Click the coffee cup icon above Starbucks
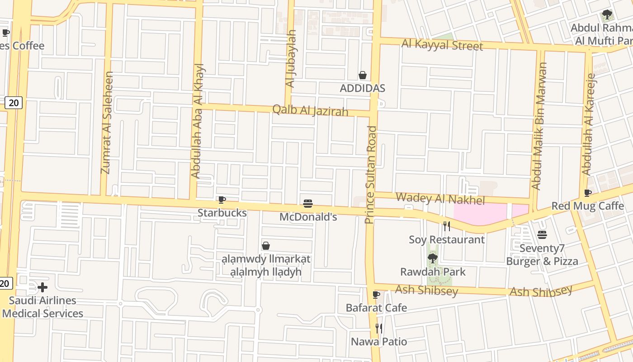pos(222,200)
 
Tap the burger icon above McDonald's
pos(308,204)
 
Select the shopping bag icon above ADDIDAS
pos(363,75)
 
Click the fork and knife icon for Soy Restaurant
pos(447,226)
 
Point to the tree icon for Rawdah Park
pos(433,258)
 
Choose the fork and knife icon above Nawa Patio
pos(379,328)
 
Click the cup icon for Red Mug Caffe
pos(588,193)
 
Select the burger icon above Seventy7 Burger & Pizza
pos(542,235)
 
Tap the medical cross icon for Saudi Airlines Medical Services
pos(43,287)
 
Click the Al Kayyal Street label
pos(442,45)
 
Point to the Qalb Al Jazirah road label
pos(310,110)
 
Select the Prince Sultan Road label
pos(370,175)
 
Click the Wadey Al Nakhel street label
pos(440,199)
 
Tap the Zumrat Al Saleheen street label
pos(107,123)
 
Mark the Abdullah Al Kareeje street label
pos(589,124)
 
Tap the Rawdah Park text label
pos(433,272)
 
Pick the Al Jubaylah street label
pos(291,58)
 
